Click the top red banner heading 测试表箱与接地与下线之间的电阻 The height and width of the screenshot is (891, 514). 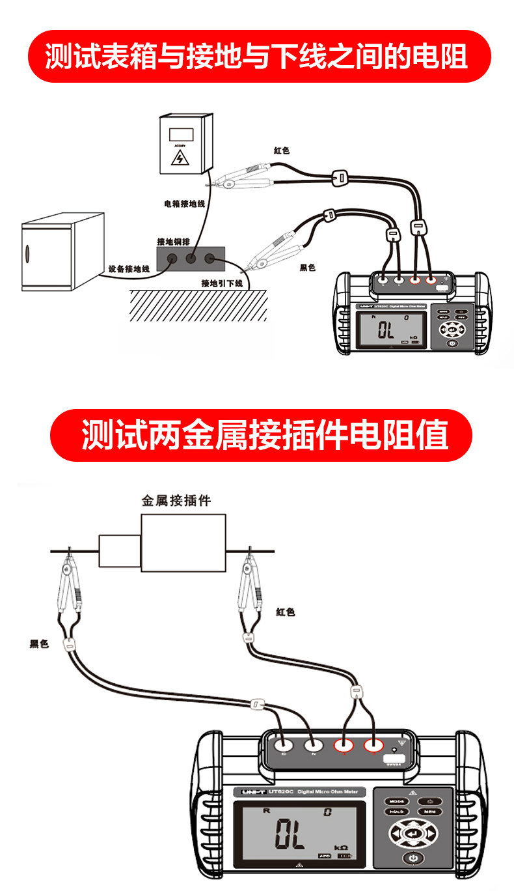[257, 57]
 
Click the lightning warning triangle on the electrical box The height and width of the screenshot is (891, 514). [178, 158]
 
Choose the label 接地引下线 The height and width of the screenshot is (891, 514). [222, 283]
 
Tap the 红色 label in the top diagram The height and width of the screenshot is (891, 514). [282, 150]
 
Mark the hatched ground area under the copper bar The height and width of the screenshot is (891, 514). [198, 305]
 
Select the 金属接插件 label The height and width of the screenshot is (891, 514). [176, 501]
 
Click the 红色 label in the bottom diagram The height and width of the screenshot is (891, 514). [285, 612]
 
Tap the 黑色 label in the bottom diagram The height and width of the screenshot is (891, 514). [40, 644]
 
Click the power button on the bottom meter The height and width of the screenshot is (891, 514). [413, 860]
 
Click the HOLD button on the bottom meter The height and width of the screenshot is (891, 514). [396, 812]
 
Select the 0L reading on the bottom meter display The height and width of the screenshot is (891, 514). [290, 834]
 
